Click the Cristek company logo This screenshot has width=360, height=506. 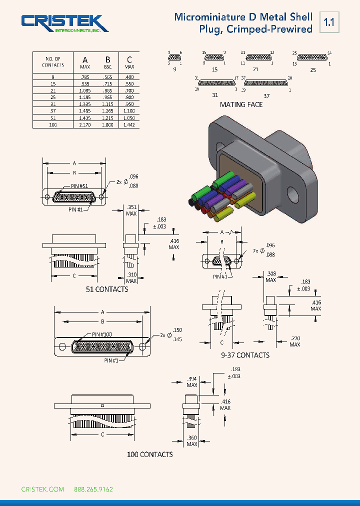[x=64, y=23]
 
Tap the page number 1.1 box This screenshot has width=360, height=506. [x=329, y=22]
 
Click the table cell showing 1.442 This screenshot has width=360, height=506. [x=129, y=124]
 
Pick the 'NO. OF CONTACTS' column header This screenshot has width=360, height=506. [x=53, y=62]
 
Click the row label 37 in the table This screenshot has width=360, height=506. [x=53, y=110]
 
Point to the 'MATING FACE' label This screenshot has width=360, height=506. [x=241, y=104]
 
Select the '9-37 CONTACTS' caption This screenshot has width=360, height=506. [x=245, y=355]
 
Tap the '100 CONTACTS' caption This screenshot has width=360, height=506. [x=149, y=454]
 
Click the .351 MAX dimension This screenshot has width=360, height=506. [x=131, y=210]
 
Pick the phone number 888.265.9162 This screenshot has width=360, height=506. [x=93, y=489]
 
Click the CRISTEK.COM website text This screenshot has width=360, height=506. [x=42, y=489]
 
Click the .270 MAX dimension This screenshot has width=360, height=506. [x=294, y=341]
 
